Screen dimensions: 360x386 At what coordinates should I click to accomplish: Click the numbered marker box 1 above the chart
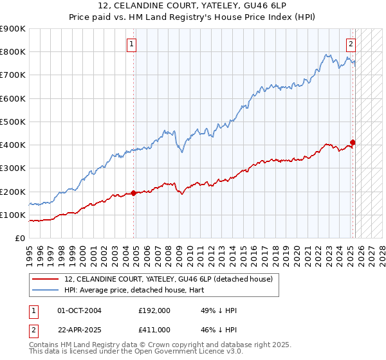[131, 44]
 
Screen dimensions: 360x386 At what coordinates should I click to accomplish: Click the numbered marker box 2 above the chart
[351, 44]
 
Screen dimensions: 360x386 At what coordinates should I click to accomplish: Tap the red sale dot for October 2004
[134, 193]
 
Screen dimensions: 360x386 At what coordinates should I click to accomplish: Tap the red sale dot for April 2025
[353, 142]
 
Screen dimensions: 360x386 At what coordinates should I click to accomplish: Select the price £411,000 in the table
[154, 329]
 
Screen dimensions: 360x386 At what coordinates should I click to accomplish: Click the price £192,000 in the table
[154, 310]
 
